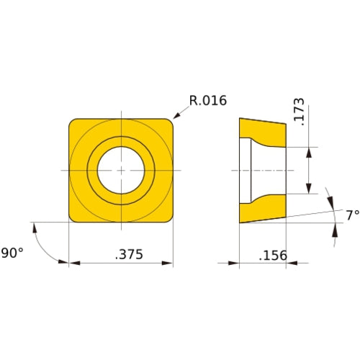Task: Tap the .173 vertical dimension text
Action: (300, 113)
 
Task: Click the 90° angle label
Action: (12, 253)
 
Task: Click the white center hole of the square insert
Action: (121, 170)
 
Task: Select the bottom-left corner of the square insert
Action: (72, 218)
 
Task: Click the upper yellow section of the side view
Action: (265, 132)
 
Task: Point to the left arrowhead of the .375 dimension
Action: (73, 264)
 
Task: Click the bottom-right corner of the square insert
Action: (169, 218)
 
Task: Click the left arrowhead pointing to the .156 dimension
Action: (235, 264)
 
